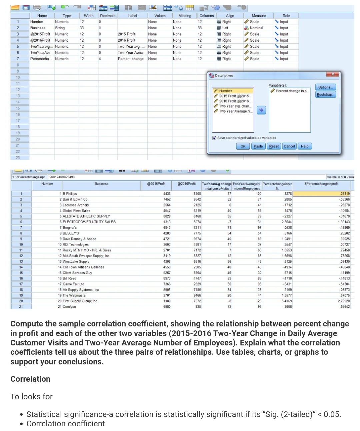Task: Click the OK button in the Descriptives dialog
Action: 243,146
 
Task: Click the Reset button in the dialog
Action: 274,146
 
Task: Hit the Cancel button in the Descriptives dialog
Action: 289,146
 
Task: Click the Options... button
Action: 325,87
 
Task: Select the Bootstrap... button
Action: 325,95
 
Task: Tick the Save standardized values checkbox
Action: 214,138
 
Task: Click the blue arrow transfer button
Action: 261,110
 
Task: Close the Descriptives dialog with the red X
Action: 333,74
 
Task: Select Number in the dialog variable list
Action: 226,91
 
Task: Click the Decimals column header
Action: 108,16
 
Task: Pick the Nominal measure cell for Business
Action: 256,28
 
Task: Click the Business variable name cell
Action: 38,28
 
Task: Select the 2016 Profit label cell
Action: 127,40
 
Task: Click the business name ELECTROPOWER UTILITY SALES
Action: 89,222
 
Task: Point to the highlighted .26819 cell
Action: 321,194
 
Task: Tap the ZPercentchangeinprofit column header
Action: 321,184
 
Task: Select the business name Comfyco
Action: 69,307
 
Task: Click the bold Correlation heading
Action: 30,379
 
